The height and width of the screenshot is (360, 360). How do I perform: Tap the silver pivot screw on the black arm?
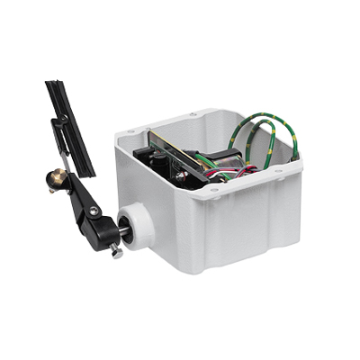[93, 211]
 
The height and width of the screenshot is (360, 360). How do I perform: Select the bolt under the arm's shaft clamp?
[116, 253]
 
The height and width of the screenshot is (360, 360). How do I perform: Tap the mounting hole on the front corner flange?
[213, 190]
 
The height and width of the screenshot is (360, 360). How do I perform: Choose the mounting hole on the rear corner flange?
[192, 113]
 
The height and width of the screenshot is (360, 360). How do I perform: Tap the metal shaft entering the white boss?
[127, 232]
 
